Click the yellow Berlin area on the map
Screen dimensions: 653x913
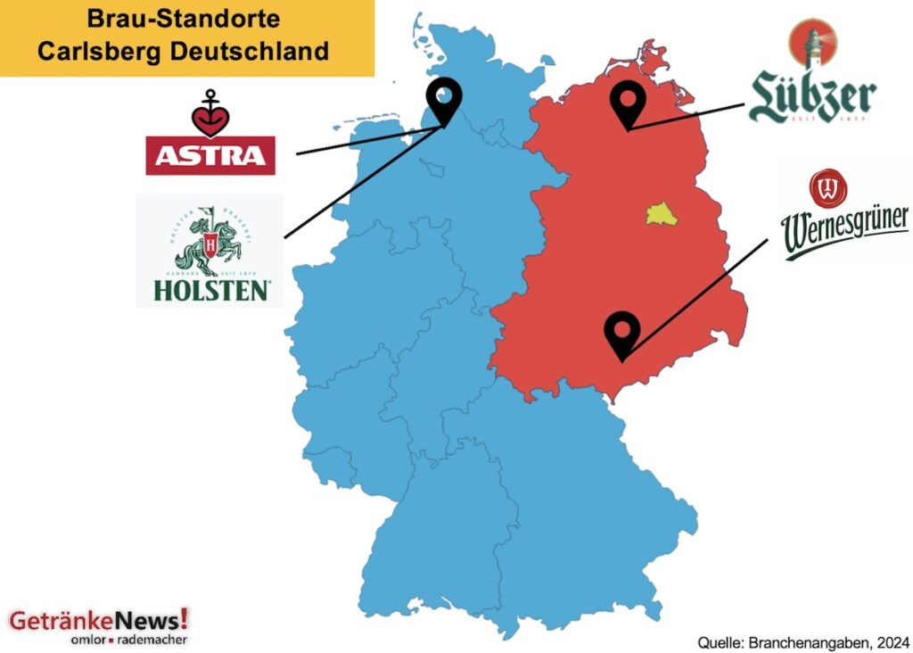(x=657, y=214)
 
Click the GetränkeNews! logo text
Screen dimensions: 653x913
(x=98, y=619)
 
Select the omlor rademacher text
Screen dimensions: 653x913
(x=129, y=640)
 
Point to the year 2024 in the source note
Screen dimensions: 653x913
(x=892, y=641)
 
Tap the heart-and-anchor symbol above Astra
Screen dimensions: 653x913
(x=210, y=112)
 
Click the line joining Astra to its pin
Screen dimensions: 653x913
(x=366, y=141)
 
